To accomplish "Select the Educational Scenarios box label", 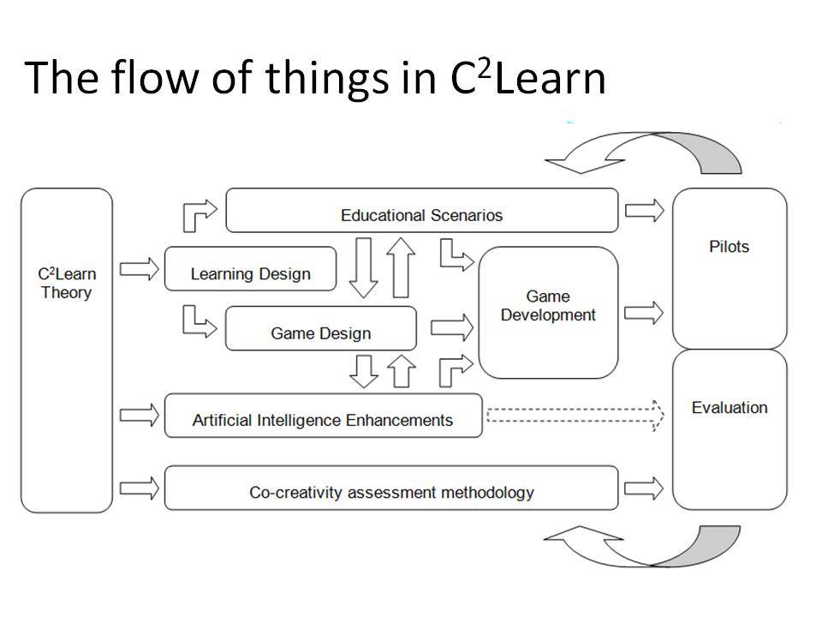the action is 421,215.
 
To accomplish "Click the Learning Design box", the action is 251,268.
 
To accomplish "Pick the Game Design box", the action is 321,328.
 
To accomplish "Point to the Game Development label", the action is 548,305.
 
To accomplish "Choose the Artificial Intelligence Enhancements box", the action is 323,416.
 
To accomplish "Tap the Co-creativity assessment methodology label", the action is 391,492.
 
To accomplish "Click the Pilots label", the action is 730,247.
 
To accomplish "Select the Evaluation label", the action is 730,408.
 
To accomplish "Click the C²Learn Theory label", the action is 67,284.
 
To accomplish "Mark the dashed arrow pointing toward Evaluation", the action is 575,416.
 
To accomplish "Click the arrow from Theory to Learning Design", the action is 139,269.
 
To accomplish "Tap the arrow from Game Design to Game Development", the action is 452,328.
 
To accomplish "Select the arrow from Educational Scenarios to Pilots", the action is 645,211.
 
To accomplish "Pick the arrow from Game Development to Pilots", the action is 644,314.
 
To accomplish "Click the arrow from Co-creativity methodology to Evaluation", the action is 644,488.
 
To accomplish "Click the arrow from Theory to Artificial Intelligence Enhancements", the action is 139,416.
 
